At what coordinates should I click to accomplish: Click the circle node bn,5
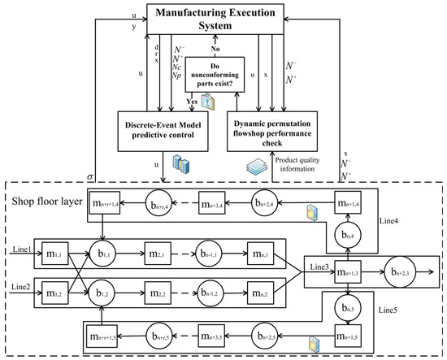coord(347,307)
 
